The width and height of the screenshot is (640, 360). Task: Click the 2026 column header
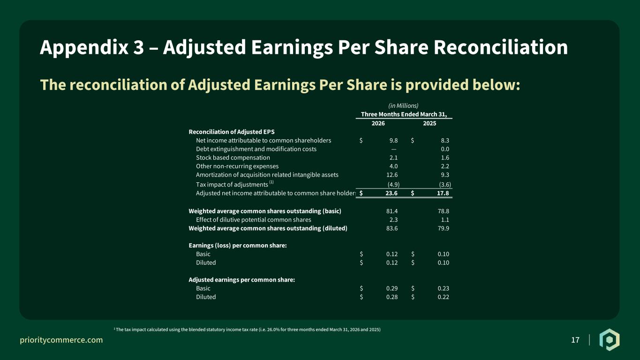pyautogui.click(x=378, y=123)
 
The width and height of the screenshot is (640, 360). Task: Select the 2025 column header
pyautogui.click(x=429, y=123)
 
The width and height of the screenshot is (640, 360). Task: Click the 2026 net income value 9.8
pyautogui.click(x=393, y=141)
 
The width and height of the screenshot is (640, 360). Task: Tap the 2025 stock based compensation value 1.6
pyautogui.click(x=445, y=157)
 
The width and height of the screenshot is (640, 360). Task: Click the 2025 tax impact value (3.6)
pyautogui.click(x=445, y=185)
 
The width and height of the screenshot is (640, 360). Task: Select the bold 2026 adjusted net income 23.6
pyautogui.click(x=392, y=193)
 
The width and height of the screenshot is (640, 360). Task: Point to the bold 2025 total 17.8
pyautogui.click(x=443, y=193)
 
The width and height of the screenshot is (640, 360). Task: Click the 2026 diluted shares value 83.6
pyautogui.click(x=392, y=228)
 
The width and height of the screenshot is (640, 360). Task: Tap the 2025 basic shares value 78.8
pyautogui.click(x=444, y=211)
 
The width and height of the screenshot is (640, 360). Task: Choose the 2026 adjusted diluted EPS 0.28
pyautogui.click(x=392, y=297)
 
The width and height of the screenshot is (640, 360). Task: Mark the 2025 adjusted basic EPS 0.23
pyautogui.click(x=444, y=288)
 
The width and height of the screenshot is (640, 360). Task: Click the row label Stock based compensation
pyautogui.click(x=233, y=157)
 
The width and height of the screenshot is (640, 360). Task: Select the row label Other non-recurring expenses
pyautogui.click(x=237, y=166)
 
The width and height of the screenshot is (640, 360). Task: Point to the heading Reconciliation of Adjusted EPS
pyautogui.click(x=232, y=132)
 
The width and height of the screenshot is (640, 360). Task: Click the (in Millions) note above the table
pyautogui.click(x=403, y=106)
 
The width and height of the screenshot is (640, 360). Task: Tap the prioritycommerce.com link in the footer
pyautogui.click(x=61, y=340)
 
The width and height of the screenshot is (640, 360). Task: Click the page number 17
pyautogui.click(x=575, y=340)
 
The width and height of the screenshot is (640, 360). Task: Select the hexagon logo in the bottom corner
pyautogui.click(x=610, y=340)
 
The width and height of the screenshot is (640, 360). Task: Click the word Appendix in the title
pyautogui.click(x=84, y=47)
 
